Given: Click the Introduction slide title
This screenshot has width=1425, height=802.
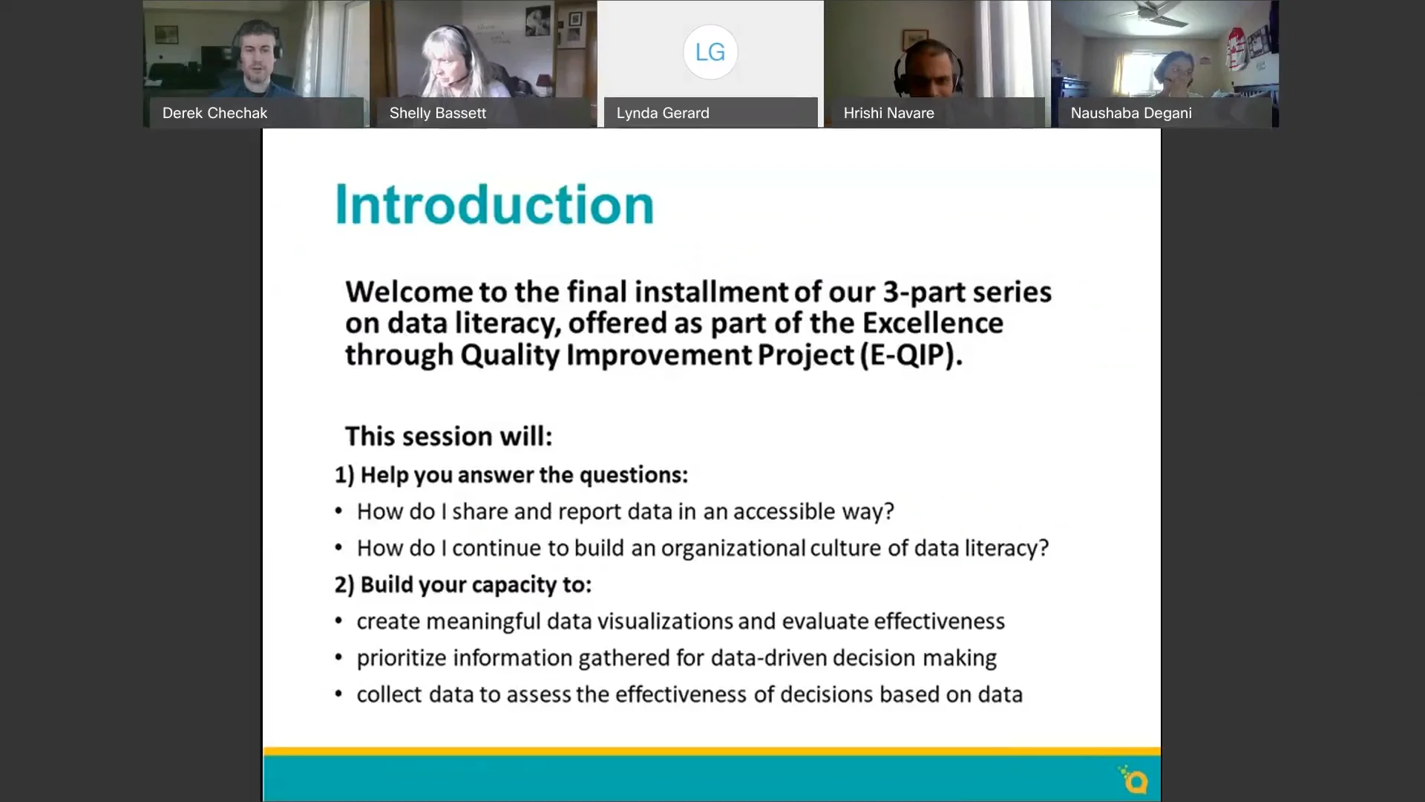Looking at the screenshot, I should point(494,205).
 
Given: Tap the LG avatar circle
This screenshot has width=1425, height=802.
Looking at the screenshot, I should point(710,52).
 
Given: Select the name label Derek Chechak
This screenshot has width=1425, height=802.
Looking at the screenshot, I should point(214,113).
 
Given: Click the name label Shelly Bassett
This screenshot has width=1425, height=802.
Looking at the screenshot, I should point(437,113).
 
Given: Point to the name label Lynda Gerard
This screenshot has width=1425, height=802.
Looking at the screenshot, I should point(662,113).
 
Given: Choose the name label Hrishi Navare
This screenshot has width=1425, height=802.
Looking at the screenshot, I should point(888,113).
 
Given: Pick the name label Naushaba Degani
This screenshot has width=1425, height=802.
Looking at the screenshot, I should point(1130,113).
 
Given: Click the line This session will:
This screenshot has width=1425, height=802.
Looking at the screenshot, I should point(448,436).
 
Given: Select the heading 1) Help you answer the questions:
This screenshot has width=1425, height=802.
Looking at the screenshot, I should point(511,475).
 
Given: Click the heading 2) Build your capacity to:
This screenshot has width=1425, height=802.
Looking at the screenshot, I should point(462,584).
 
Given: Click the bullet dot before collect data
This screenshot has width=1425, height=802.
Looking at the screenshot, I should point(338,694).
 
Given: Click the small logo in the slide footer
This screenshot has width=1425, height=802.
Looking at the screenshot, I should point(1133,780).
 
